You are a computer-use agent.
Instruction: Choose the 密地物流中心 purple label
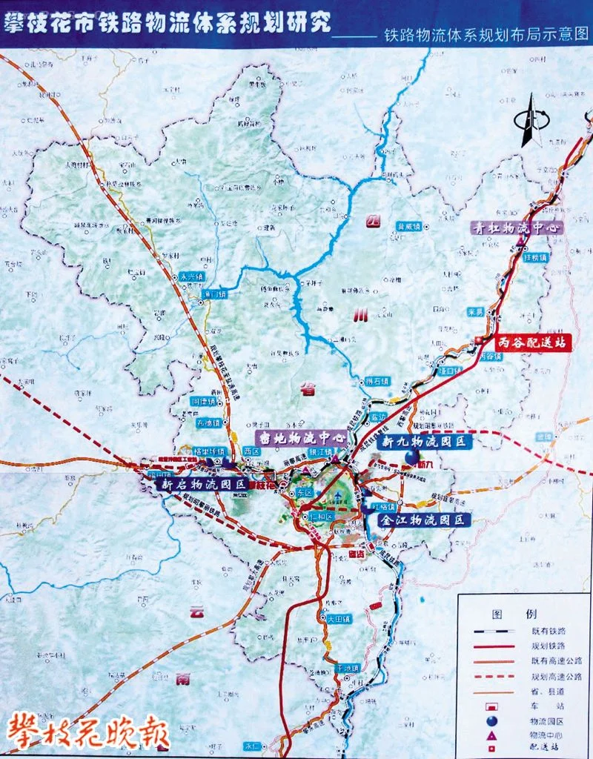(300, 438)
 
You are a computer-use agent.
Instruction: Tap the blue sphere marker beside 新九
(411, 457)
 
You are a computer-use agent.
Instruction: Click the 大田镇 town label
(336, 617)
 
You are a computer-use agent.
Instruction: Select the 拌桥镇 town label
(535, 257)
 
